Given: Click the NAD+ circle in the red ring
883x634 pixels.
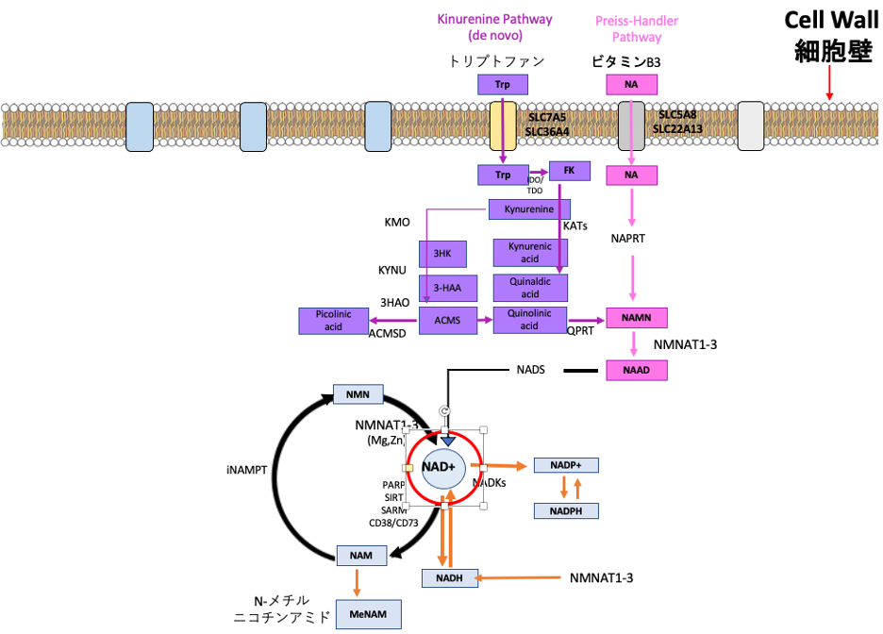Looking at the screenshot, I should (x=439, y=467).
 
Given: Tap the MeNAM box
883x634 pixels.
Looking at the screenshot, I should (x=367, y=615).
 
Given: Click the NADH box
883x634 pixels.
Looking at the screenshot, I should (x=449, y=577).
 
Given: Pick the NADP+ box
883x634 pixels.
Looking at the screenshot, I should (x=566, y=465).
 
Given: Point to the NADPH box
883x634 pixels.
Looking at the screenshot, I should (x=566, y=510).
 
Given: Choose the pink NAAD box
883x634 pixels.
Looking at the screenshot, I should (x=636, y=370).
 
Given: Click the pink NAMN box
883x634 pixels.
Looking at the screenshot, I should (x=636, y=318).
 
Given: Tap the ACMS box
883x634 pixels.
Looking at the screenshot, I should (x=448, y=321).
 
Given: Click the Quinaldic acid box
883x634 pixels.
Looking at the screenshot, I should (x=530, y=288).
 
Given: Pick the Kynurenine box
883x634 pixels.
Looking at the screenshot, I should (x=529, y=209).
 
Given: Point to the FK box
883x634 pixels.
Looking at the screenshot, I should (x=569, y=171).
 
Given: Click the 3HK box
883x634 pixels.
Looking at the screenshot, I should (x=442, y=254).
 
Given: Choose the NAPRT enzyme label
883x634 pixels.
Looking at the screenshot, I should (x=627, y=239).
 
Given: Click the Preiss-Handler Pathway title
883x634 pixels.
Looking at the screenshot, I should (x=636, y=28).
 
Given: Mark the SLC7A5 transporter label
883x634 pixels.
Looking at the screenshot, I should (x=547, y=116).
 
